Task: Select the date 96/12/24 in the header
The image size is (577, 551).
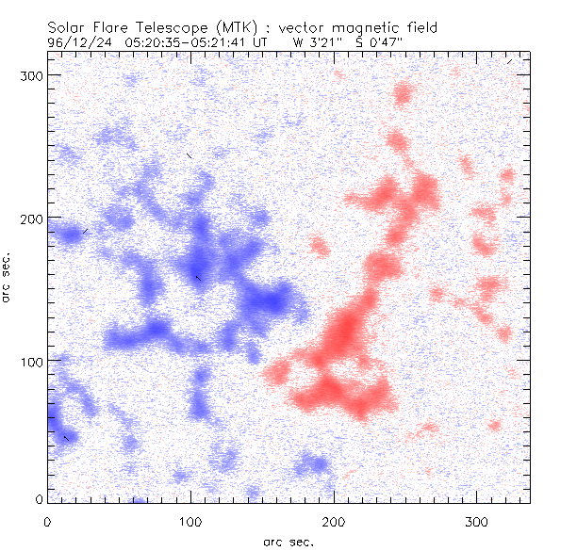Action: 78,42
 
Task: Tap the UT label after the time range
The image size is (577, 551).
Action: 262,42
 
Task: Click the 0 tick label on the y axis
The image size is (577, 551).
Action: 40,499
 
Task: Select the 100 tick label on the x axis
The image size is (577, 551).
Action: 190,521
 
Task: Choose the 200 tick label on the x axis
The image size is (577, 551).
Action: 334,521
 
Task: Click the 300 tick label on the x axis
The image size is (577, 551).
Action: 477,521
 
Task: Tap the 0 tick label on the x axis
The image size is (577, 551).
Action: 47,521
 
